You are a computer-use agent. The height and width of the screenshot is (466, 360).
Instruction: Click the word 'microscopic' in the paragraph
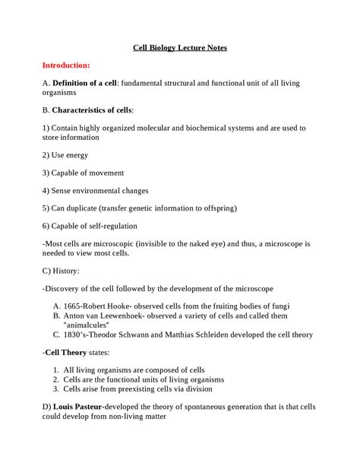108,243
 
